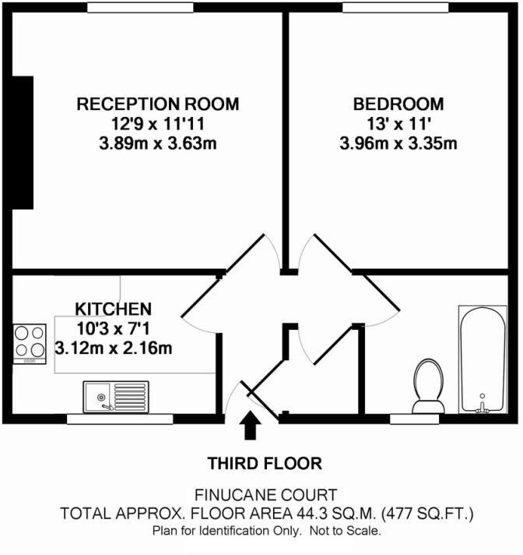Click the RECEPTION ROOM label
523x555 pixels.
157,104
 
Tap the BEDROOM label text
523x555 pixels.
398,104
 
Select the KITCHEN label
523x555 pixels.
113,309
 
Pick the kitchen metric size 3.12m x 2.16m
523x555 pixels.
114,348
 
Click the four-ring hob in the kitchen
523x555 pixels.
30,343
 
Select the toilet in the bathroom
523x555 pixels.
427,385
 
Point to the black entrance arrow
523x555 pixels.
251,427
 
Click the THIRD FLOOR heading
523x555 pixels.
264,465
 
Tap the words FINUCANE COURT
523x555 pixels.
266,494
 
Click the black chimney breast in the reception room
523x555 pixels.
23,143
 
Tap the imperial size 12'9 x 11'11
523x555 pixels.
157,123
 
